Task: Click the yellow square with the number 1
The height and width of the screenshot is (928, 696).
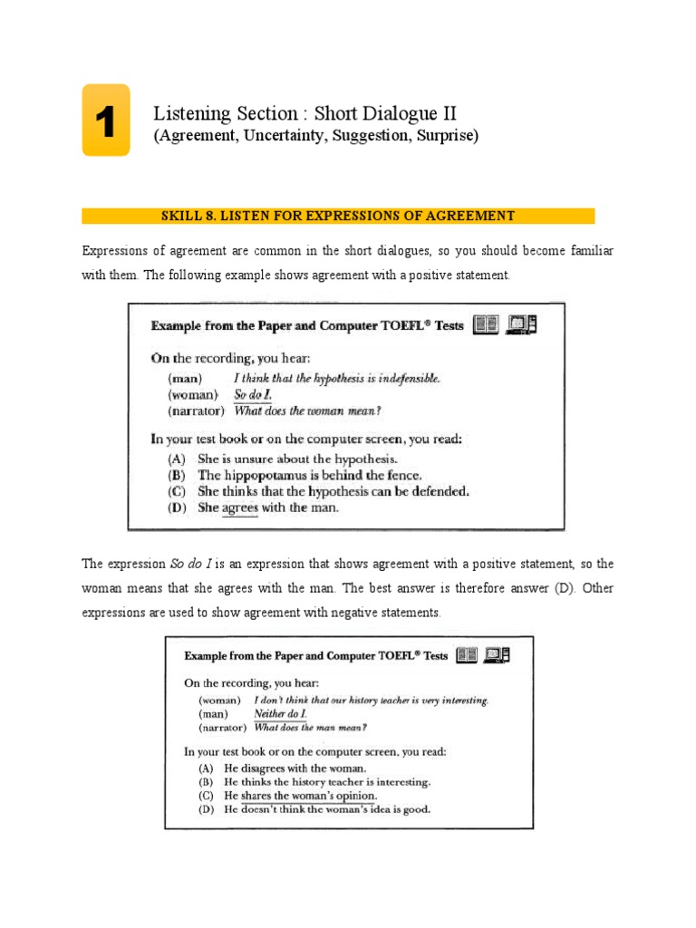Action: pos(105,121)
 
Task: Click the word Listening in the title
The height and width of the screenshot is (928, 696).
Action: pos(188,113)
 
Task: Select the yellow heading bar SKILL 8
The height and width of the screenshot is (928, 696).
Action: pos(338,216)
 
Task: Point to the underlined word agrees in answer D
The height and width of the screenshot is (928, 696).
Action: pos(240,508)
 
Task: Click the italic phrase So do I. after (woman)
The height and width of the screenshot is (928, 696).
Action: pos(252,395)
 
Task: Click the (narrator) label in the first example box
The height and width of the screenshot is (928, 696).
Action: pos(193,411)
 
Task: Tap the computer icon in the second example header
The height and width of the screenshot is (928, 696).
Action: pos(496,654)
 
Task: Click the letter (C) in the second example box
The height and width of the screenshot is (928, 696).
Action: pos(206,796)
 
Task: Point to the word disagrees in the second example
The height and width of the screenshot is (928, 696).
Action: pos(265,768)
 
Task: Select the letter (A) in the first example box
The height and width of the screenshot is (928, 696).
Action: pos(179,458)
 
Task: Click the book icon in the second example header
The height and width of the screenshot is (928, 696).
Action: pos(467,654)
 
